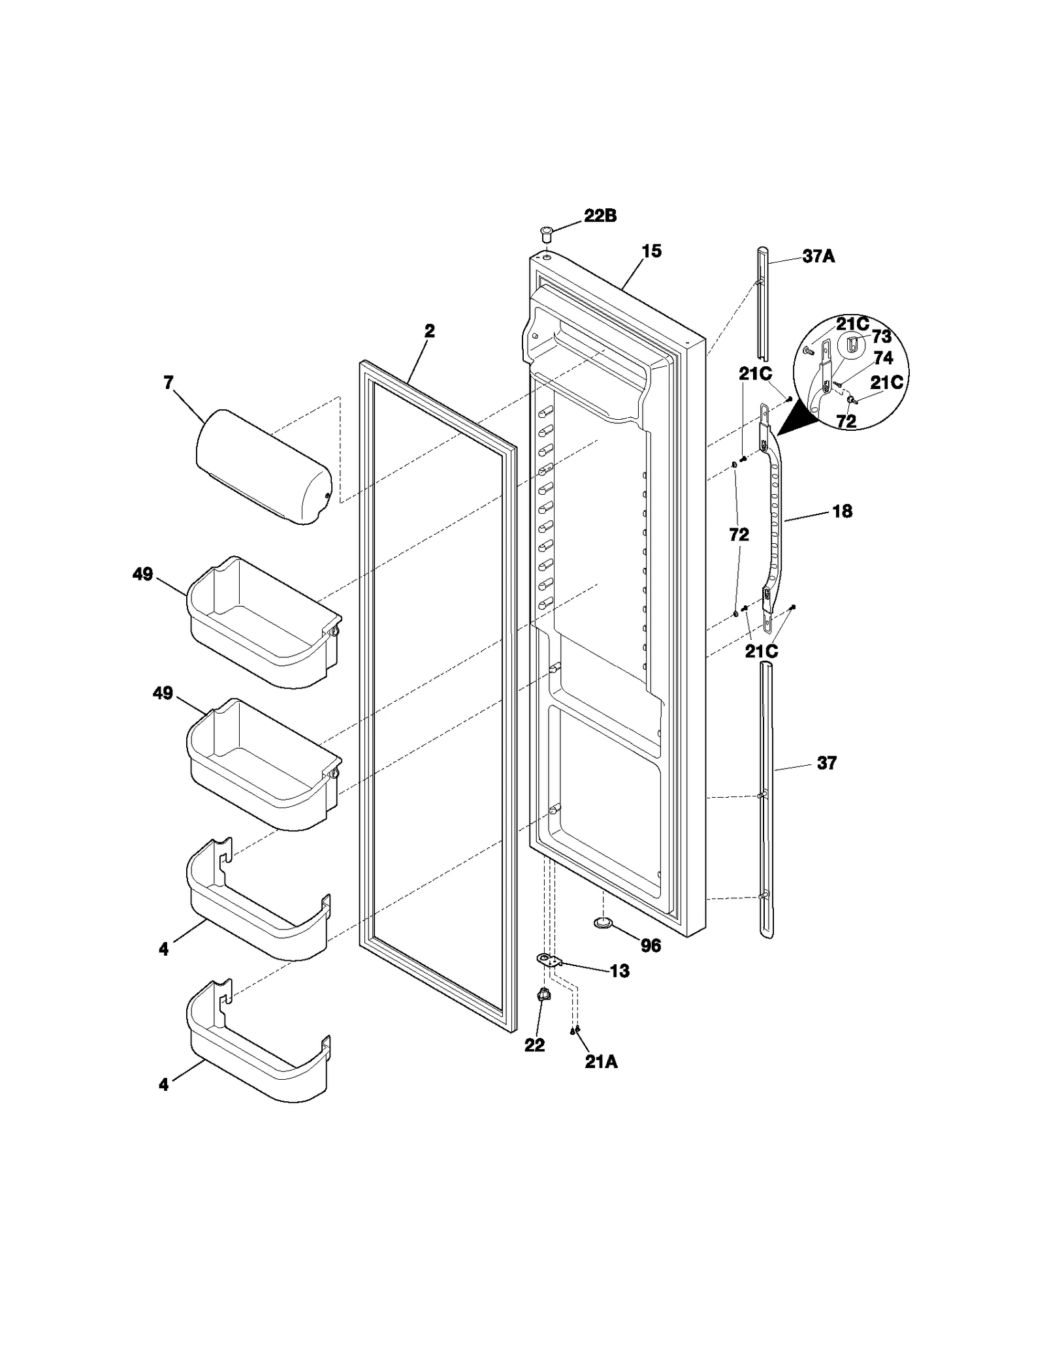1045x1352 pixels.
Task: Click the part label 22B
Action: [x=600, y=216]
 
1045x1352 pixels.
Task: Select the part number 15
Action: [x=651, y=251]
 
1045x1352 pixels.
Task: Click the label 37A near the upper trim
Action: [x=818, y=257]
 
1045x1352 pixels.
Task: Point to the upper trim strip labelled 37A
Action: [x=764, y=304]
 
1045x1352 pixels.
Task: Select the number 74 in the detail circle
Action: [x=883, y=358]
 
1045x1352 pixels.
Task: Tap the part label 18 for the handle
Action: [x=842, y=511]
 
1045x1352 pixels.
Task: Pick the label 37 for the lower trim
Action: [x=826, y=762]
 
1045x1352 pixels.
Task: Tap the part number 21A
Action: [x=600, y=1062]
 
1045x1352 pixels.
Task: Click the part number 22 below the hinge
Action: [x=534, y=1045]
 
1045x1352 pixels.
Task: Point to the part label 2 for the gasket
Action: [x=429, y=331]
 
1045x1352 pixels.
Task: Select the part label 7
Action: [x=169, y=383]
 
